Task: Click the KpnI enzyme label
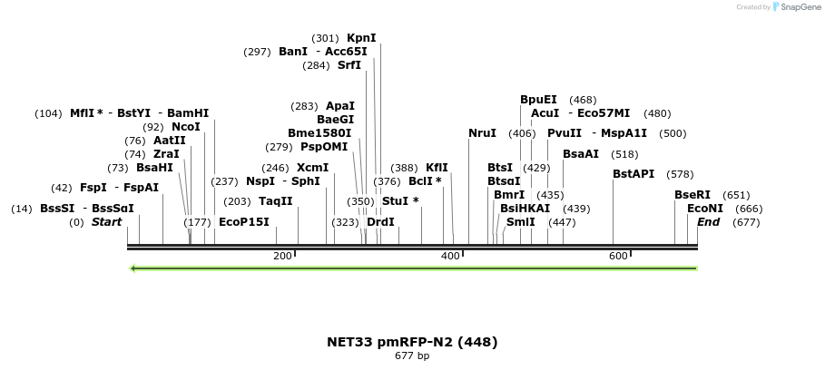[361, 38]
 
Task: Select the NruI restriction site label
[482, 133]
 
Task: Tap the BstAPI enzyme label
[633, 174]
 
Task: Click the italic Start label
[106, 222]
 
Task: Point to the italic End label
[708, 222]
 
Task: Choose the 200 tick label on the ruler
[282, 257]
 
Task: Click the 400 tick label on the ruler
[451, 257]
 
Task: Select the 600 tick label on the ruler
[619, 257]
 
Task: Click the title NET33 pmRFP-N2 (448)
[412, 342]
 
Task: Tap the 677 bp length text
[412, 356]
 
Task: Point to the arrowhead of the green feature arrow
[134, 268]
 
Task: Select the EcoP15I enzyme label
[243, 222]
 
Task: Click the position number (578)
[680, 174]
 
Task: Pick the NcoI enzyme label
[185, 127]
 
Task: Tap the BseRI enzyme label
[692, 195]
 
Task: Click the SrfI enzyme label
[349, 65]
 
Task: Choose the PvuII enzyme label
[565, 133]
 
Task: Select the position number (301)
[325, 38]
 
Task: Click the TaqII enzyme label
[276, 201]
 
